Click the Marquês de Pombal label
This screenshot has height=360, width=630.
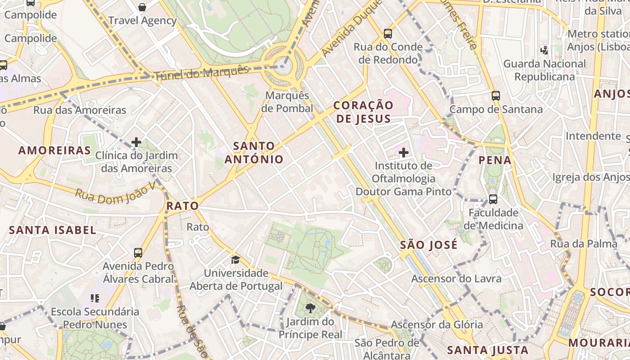tap(289, 102)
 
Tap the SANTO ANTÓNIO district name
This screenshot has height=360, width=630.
tap(254, 153)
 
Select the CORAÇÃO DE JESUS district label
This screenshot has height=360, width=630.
tap(364, 112)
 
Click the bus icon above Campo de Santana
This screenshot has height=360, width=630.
tap(495, 96)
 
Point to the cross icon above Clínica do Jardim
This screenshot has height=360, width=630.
tap(136, 143)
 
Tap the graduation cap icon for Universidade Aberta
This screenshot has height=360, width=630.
tap(235, 260)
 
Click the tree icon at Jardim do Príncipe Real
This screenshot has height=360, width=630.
tap(310, 308)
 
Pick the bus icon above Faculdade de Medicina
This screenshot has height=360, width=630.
tap(493, 199)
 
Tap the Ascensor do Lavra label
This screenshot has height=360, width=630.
tap(456, 279)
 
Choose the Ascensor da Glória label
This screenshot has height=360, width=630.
tap(436, 324)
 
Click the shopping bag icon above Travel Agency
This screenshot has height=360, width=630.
tap(142, 7)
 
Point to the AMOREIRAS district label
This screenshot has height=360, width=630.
tap(54, 150)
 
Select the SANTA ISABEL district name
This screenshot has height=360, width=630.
tap(53, 230)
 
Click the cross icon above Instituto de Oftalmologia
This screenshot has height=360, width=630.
tap(404, 153)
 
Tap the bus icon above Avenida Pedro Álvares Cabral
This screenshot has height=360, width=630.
tap(138, 253)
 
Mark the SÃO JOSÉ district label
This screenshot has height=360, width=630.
tap(428, 245)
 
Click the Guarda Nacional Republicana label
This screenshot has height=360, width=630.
tap(544, 70)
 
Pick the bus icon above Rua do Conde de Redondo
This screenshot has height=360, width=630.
tap(387, 33)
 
